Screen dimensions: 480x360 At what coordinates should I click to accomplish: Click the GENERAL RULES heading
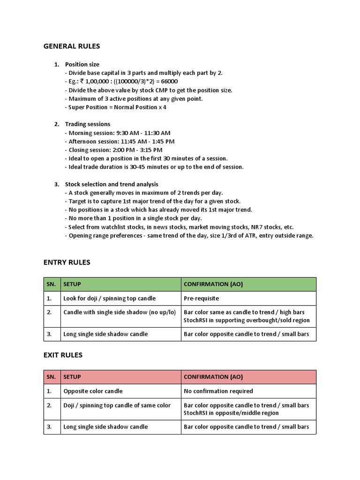pos(72,46)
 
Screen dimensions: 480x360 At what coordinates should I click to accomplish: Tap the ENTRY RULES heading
pos(67,262)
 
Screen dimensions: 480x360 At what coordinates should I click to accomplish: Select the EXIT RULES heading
pos(63,355)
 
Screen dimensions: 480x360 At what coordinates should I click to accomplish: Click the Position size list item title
pos(82,64)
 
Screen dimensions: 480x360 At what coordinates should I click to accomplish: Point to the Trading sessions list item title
pos(88,124)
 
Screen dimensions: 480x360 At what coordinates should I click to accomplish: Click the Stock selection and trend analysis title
pos(112,184)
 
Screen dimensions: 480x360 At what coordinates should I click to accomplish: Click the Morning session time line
pos(118,133)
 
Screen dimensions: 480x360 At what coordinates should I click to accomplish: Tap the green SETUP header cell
pos(120,285)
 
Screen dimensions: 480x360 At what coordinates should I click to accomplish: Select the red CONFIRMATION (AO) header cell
pos(248,377)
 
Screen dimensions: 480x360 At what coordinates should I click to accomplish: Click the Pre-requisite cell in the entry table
pos(248,299)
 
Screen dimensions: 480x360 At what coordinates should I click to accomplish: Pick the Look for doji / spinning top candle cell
pos(120,299)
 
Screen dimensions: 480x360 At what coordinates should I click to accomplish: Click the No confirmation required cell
pos(248,391)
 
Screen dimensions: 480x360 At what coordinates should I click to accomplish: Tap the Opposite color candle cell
pos(120,391)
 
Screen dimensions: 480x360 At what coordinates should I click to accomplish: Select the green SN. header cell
pos(52,285)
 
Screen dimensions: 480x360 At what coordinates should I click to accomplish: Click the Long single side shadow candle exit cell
pos(120,427)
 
